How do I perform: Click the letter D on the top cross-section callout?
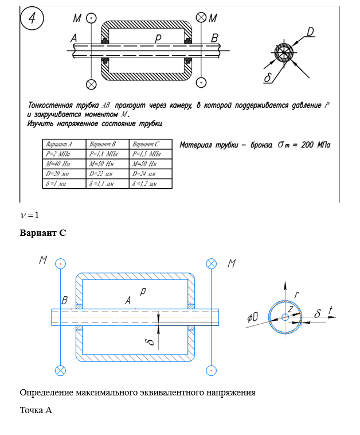[310, 32]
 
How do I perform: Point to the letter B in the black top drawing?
[215, 38]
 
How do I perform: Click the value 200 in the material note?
[307, 145]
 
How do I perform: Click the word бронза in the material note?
[262, 145]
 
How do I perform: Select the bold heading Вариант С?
[43, 233]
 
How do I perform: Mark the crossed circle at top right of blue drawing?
[212, 263]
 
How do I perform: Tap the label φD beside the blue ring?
[252, 316]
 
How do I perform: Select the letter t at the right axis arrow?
[331, 312]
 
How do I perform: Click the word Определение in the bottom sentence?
[49, 393]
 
